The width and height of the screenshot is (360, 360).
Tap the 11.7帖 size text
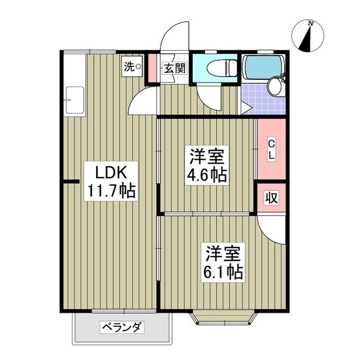click(x=110, y=191)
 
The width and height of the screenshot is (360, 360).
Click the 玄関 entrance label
click(x=174, y=69)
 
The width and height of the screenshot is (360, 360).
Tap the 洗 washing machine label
click(x=130, y=67)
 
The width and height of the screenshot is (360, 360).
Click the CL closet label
click(x=271, y=148)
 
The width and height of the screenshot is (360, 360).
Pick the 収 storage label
click(x=271, y=198)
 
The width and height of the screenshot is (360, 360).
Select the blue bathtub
click(x=264, y=67)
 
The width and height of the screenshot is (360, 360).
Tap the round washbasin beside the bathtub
click(x=275, y=87)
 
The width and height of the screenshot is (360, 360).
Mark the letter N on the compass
click(x=310, y=22)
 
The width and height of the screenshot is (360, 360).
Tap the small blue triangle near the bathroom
click(x=245, y=106)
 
